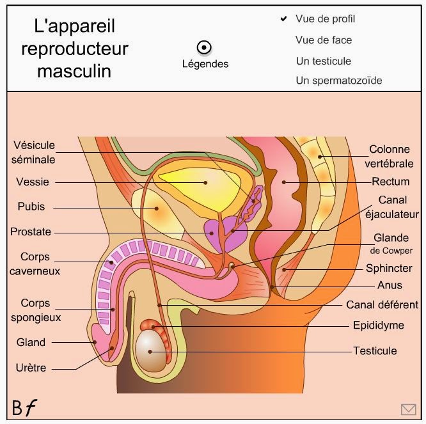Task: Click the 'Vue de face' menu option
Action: pyautogui.click(x=324, y=40)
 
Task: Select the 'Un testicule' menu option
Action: pyautogui.click(x=324, y=61)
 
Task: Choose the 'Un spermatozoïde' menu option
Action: pyautogui.click(x=339, y=81)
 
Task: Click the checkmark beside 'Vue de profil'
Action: pyautogui.click(x=283, y=19)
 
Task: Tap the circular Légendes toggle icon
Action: pyautogui.click(x=205, y=47)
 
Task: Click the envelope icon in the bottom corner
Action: pyautogui.click(x=408, y=409)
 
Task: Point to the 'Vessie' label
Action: pyautogui.click(x=33, y=182)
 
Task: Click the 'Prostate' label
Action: pyautogui.click(x=31, y=232)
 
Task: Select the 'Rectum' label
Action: pyautogui.click(x=390, y=182)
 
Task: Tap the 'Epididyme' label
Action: pyautogui.click(x=379, y=326)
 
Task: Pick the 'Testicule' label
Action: pyautogui.click(x=375, y=350)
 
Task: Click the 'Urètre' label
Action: pyautogui.click(x=31, y=368)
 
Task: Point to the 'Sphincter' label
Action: pyautogui.click(x=389, y=268)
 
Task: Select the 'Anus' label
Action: pyautogui.click(x=390, y=286)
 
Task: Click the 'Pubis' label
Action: pyautogui.click(x=31, y=207)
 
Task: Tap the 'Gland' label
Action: pyautogui.click(x=31, y=342)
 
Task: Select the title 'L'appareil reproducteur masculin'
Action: pyautogui.click(x=74, y=49)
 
